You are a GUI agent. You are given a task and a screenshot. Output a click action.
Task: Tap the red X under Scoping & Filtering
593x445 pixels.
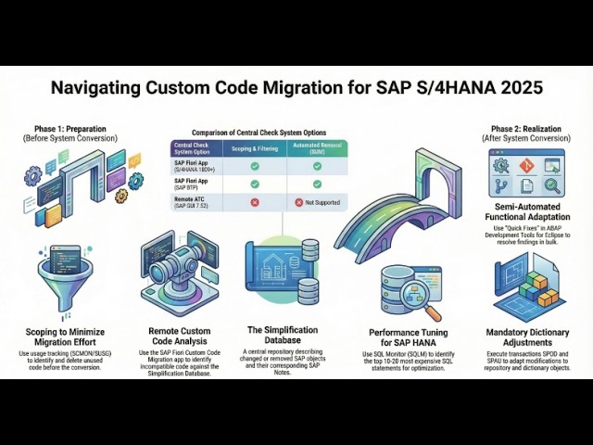254,201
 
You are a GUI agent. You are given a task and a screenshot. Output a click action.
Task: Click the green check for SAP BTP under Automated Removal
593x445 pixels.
317,184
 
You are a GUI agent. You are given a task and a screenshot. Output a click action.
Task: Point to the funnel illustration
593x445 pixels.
61,278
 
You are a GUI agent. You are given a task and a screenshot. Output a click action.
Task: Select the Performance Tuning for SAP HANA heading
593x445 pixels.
409,332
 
